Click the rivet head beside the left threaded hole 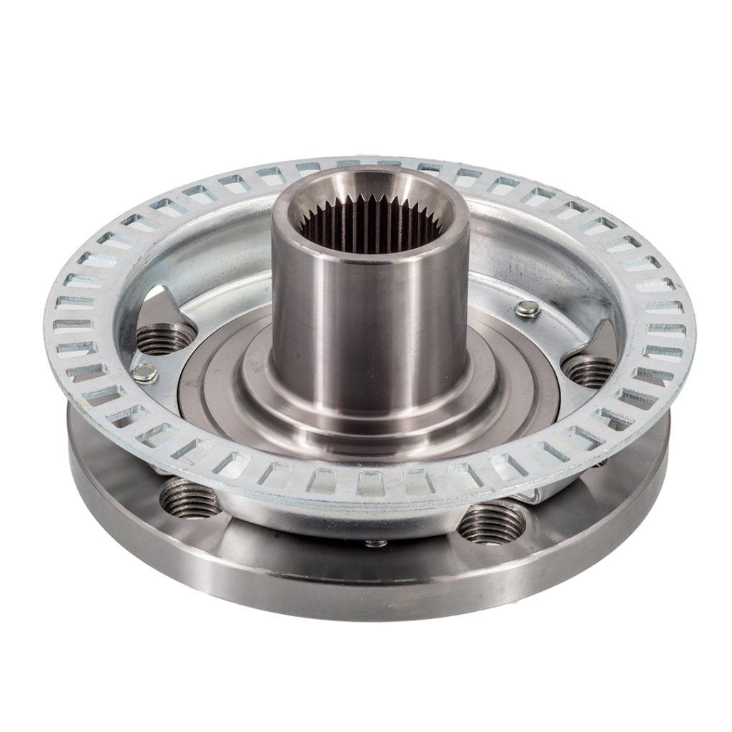point(145,372)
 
